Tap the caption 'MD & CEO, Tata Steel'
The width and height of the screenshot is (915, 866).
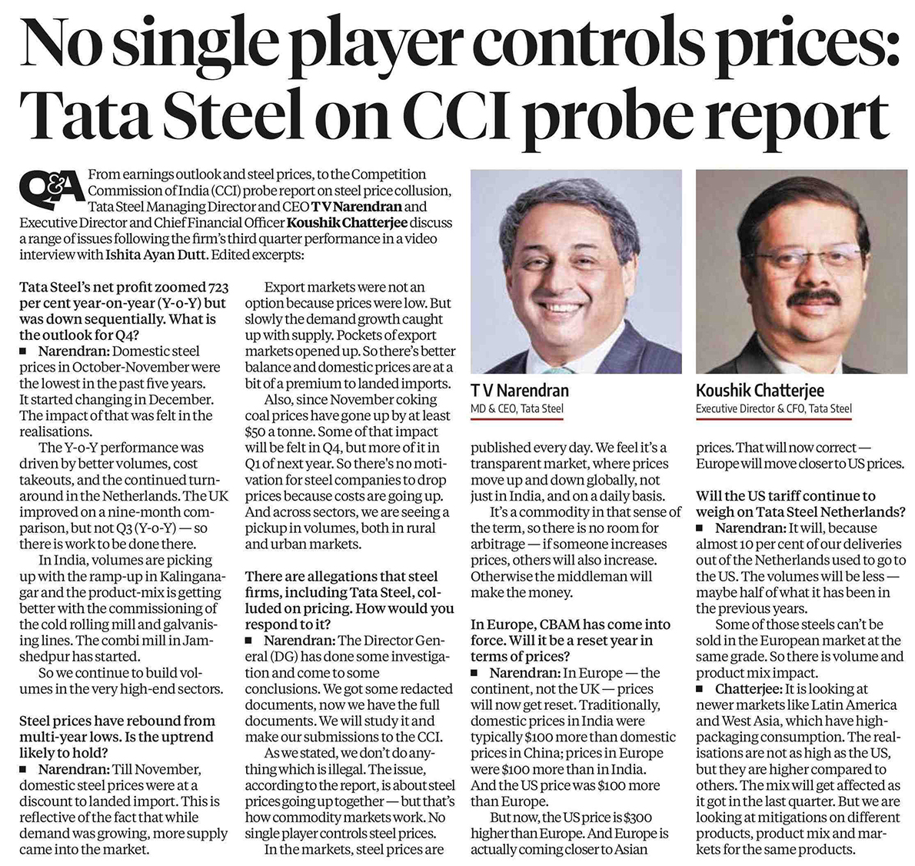[x=516, y=409]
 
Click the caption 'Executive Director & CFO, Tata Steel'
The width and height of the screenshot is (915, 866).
[x=774, y=409]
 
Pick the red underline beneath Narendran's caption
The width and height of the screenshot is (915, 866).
[x=517, y=420]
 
